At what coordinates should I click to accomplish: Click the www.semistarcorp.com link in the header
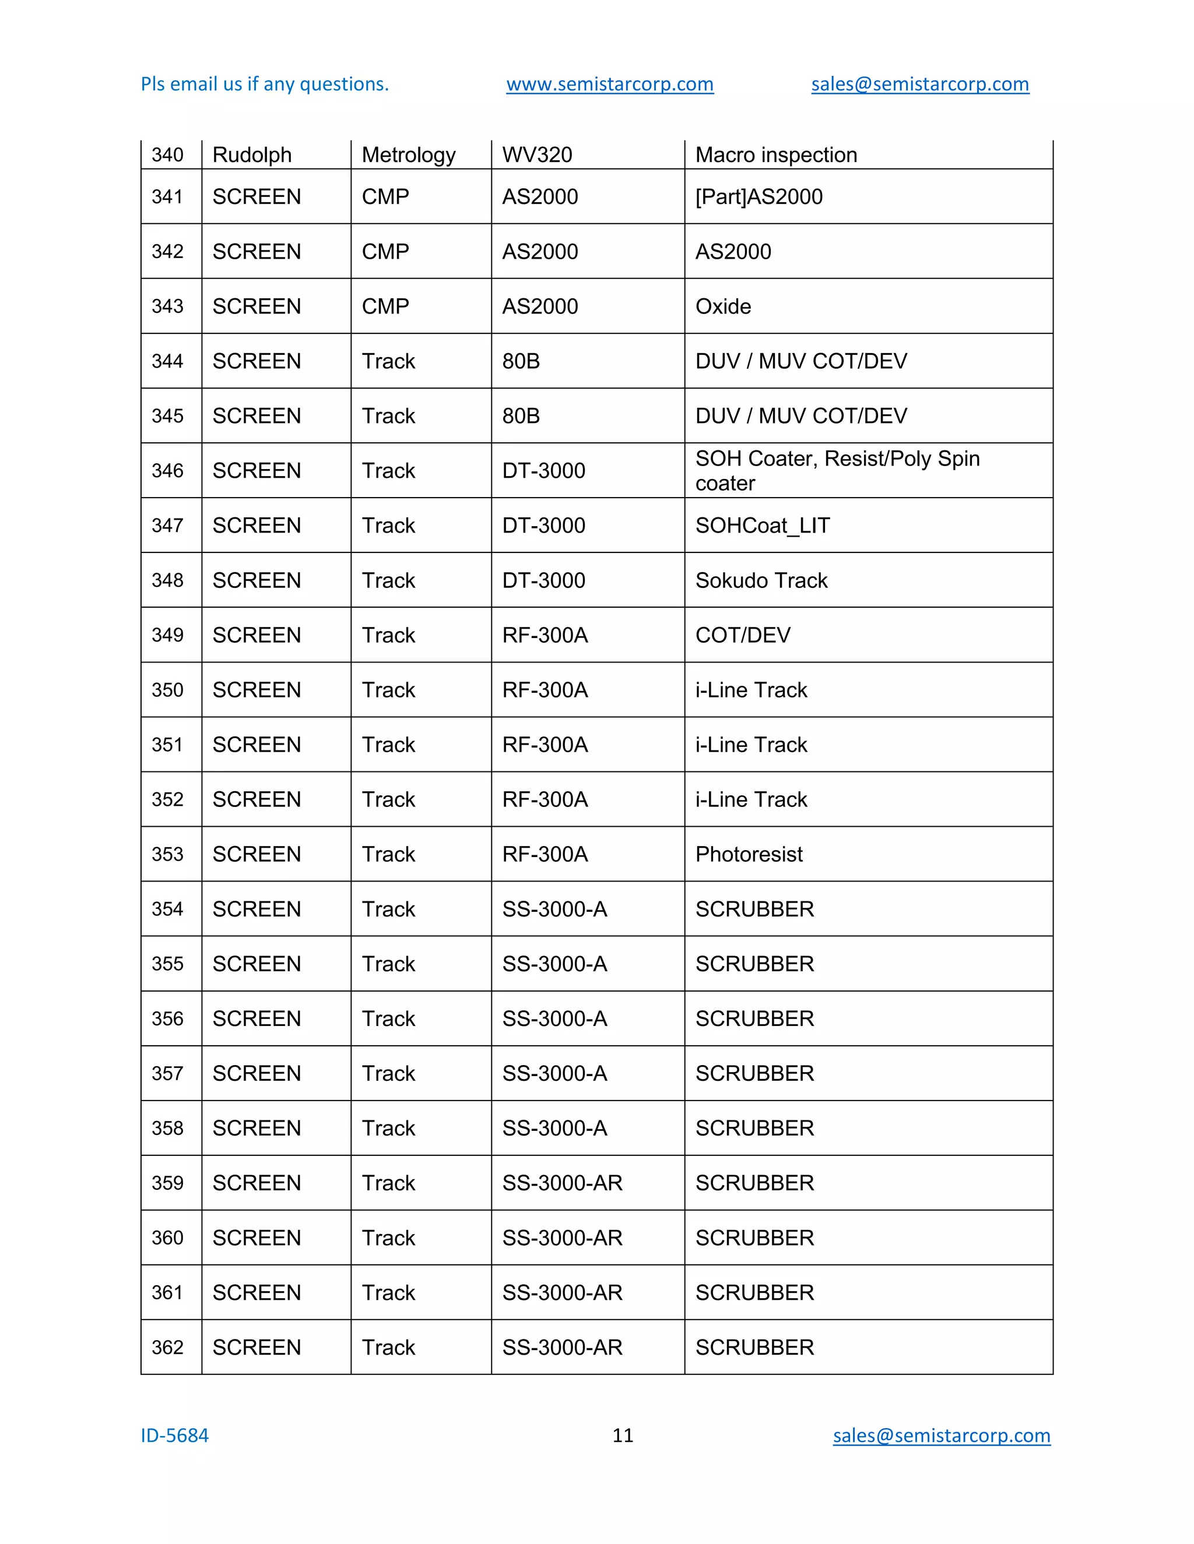pyautogui.click(x=610, y=84)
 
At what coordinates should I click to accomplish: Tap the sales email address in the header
pyautogui.click(x=919, y=84)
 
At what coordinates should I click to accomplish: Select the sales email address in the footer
pyautogui.click(x=941, y=1435)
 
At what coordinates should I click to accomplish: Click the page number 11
pyautogui.click(x=623, y=1435)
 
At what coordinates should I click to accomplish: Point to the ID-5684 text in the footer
pyautogui.click(x=175, y=1435)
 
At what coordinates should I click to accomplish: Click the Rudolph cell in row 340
pyautogui.click(x=252, y=155)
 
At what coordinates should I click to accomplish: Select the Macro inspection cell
pyautogui.click(x=776, y=155)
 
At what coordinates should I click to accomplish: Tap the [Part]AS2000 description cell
pyautogui.click(x=759, y=196)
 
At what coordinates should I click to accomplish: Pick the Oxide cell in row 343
pyautogui.click(x=723, y=306)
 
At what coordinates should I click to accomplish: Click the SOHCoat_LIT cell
pyautogui.click(x=763, y=526)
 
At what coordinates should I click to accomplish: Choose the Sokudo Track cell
pyautogui.click(x=761, y=580)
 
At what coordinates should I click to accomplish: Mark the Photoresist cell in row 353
pyautogui.click(x=749, y=854)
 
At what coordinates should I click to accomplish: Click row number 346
pyautogui.click(x=168, y=471)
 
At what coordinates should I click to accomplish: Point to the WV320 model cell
pyautogui.click(x=537, y=155)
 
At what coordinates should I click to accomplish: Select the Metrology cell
pyautogui.click(x=408, y=155)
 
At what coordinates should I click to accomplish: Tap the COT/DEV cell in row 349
pyautogui.click(x=743, y=635)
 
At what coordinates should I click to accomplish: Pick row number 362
pyautogui.click(x=168, y=1348)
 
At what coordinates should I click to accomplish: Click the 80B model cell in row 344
pyautogui.click(x=521, y=361)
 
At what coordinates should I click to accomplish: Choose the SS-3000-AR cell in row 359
pyautogui.click(x=563, y=1183)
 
